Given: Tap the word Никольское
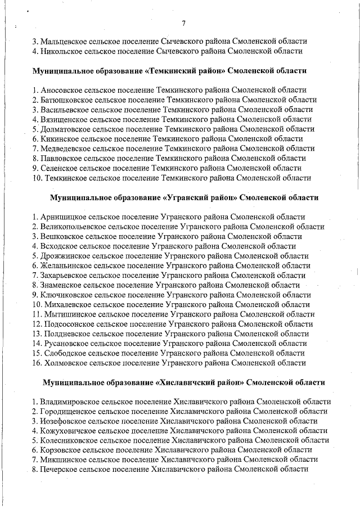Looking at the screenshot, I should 61,51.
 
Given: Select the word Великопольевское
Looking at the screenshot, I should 73,227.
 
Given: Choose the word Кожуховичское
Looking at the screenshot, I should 67,431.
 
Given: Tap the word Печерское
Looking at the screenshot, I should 58,470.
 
